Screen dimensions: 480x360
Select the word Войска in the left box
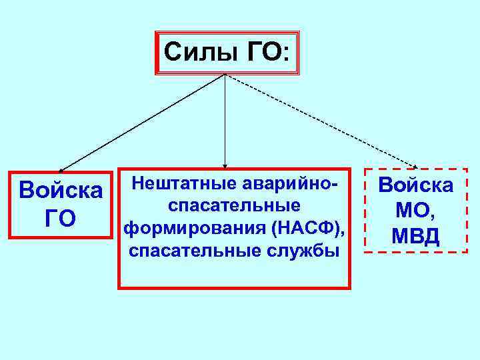click(61, 190)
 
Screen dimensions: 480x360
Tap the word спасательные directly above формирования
click(234, 205)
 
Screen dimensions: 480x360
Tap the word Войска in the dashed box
click(417, 185)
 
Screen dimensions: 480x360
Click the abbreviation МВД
click(417, 236)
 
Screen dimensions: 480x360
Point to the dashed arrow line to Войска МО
click(320, 120)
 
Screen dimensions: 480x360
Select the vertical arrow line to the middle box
click(225, 120)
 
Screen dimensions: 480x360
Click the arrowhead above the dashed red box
click(414, 166)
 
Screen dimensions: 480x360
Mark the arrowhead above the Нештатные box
click(225, 164)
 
